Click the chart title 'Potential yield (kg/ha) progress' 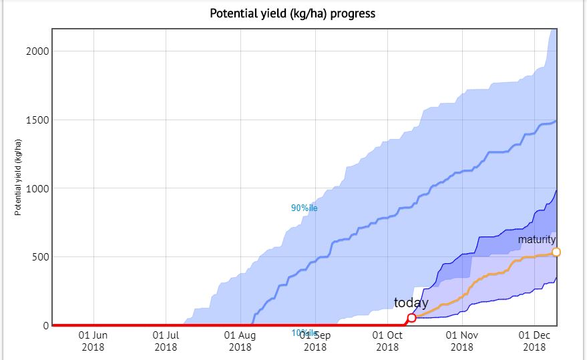pos(292,13)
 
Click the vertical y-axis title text pos(19,178)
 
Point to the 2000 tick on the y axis pos(37,51)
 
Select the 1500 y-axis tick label pos(37,120)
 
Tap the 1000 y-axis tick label pos(37,189)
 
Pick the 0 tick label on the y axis pos(46,326)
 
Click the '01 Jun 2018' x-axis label pos(93,341)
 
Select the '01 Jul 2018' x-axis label pos(166,341)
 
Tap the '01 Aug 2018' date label pos(240,341)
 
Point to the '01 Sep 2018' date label pos(315,341)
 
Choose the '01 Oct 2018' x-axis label pos(387,341)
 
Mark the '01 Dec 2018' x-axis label pos(534,341)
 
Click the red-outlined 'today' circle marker pos(411,318)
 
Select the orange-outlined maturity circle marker pos(556,252)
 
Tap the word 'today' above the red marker pos(411,303)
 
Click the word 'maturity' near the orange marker pos(537,239)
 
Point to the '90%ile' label pos(304,208)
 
